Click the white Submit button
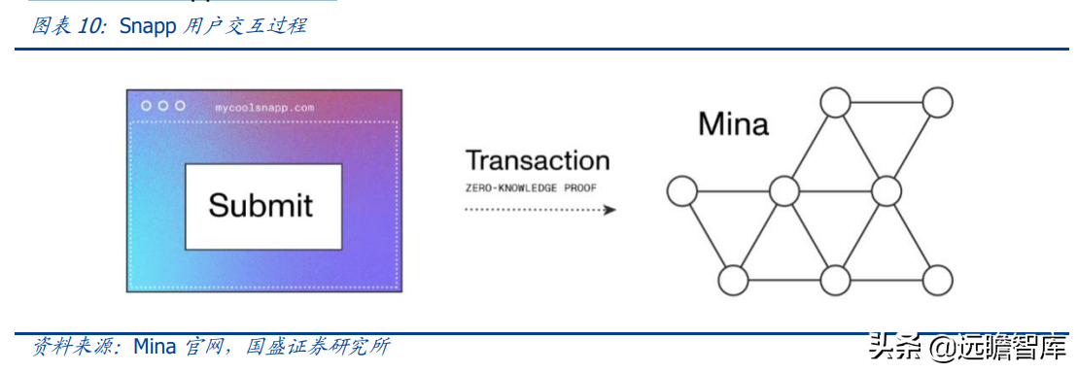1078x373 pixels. coord(262,205)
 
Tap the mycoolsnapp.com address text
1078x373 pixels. coord(264,108)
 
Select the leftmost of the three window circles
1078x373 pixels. coord(146,105)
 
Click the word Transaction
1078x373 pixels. coord(538,160)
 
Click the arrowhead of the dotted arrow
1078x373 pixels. coord(609,209)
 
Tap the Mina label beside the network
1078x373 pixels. coord(733,124)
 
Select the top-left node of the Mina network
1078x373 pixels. coord(834,102)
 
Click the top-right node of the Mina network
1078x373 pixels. coord(938,102)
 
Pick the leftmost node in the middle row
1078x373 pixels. coord(680,190)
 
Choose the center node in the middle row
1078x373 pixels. coord(783,190)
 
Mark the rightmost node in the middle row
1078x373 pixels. coord(887,190)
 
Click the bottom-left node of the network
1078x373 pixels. coord(732,280)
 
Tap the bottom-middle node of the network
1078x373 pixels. coord(835,280)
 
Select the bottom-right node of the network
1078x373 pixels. coord(938,280)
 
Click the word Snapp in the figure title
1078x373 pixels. coord(147,26)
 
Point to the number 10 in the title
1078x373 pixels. coord(89,26)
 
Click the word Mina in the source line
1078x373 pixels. coord(154,347)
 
